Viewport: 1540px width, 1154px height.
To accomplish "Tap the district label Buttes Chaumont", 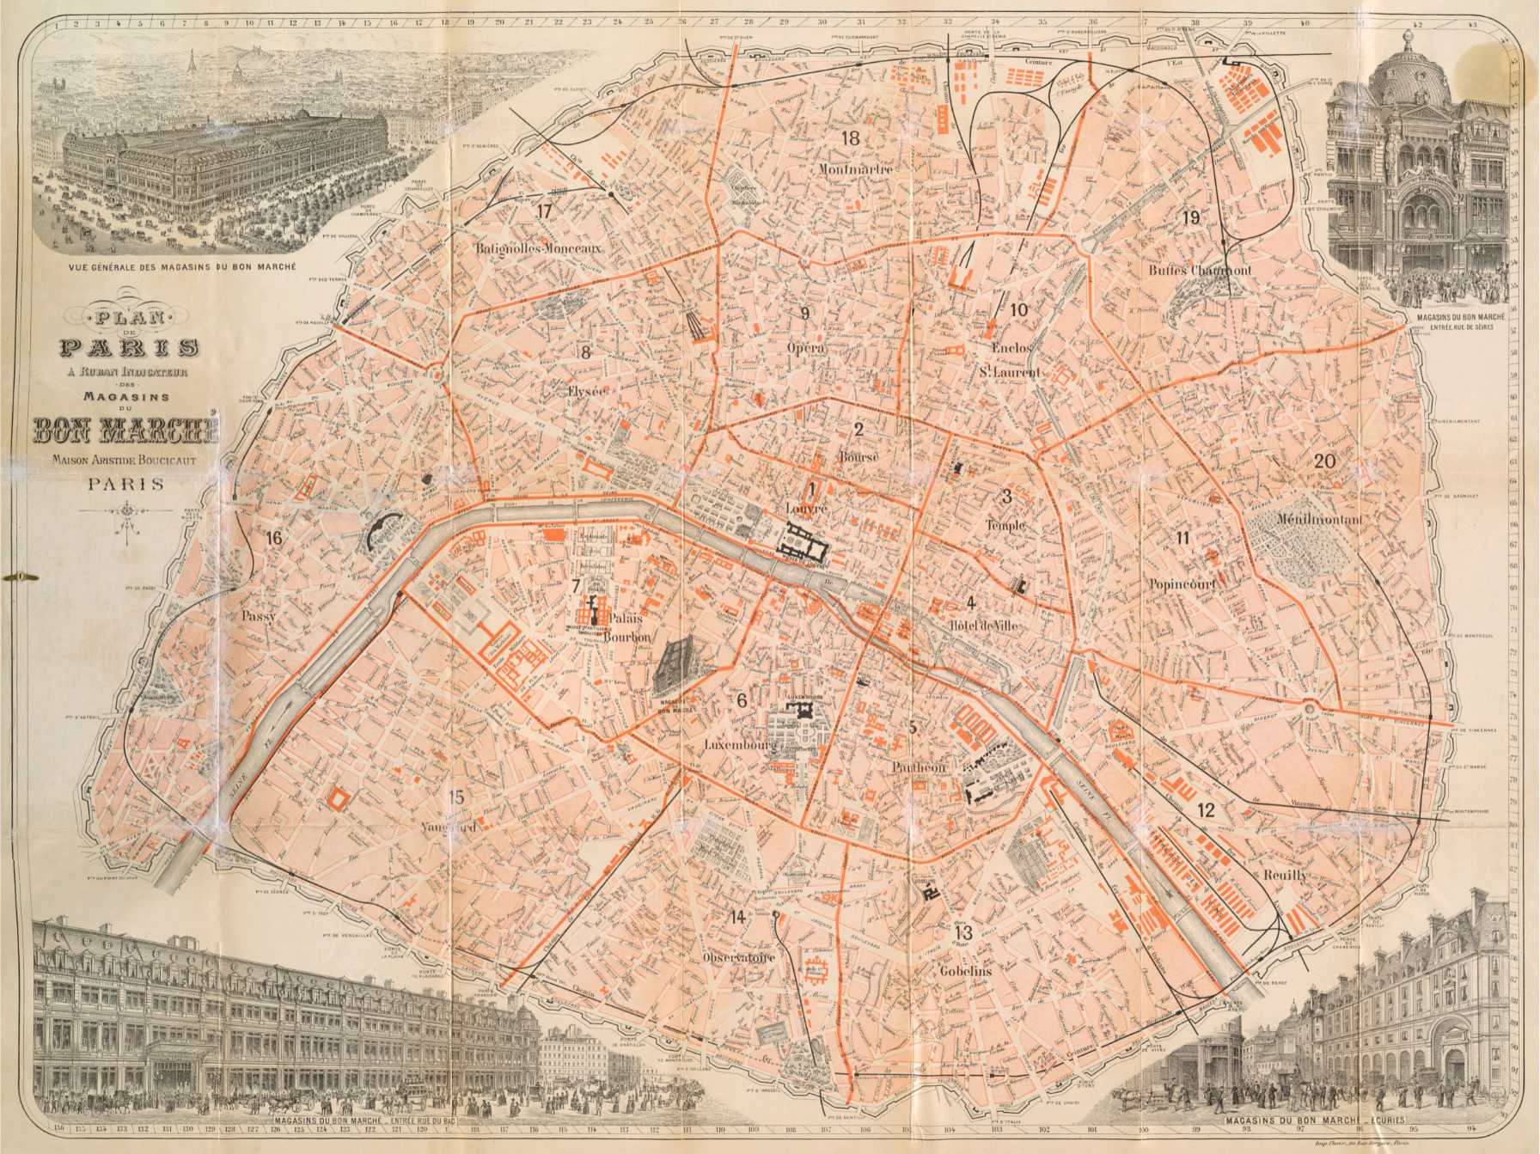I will click(x=1200, y=270).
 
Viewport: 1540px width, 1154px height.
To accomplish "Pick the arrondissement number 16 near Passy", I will click(x=274, y=539).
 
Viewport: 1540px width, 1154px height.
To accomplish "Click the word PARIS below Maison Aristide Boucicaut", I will click(x=125, y=484).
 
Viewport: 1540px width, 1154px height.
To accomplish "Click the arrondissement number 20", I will click(x=1324, y=461).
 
